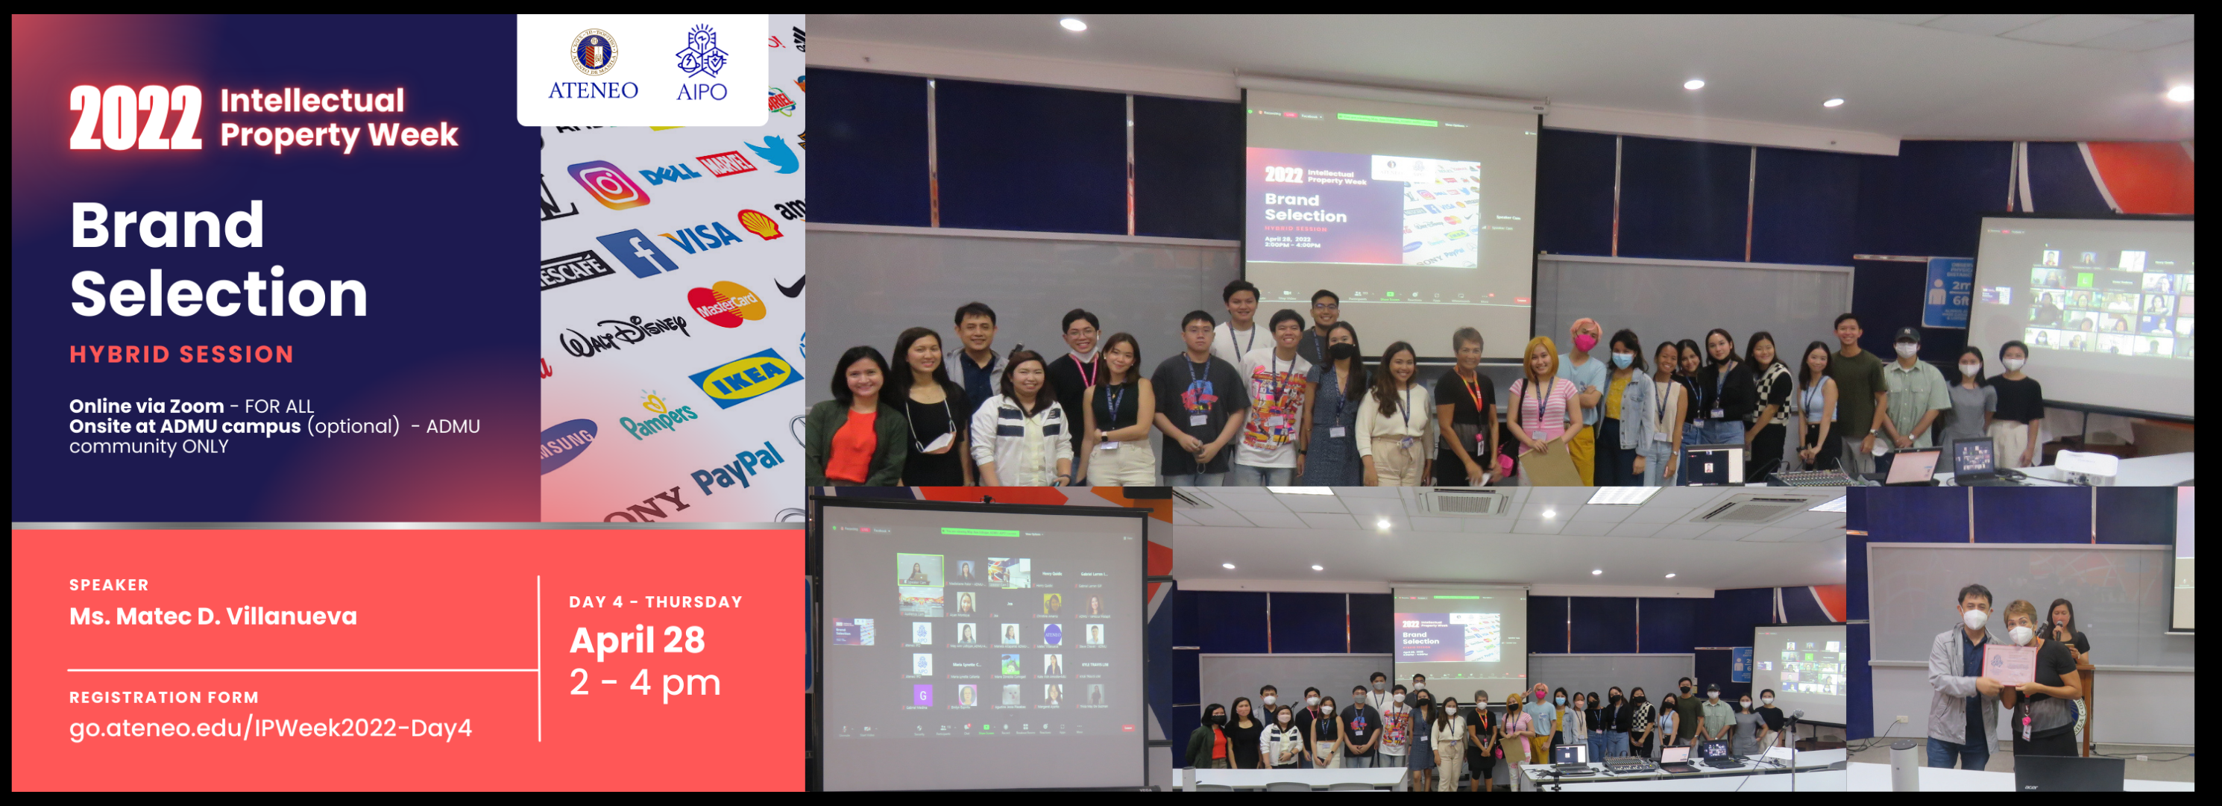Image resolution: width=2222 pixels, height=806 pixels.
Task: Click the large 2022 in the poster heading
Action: click(x=136, y=118)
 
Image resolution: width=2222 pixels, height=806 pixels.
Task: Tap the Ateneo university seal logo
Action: click(x=594, y=53)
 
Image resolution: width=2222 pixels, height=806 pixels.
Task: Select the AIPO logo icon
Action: click(x=702, y=51)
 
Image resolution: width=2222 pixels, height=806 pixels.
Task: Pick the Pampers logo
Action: click(x=658, y=414)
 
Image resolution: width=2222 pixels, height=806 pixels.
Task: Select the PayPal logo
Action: click(x=738, y=469)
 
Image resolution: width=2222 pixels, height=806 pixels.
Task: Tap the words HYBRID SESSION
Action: click(x=181, y=354)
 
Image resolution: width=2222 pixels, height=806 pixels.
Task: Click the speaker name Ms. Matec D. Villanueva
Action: click(x=213, y=616)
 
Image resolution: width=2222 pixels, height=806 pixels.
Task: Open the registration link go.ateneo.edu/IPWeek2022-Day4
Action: click(x=270, y=728)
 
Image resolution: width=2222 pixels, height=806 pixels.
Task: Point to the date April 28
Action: click(x=637, y=640)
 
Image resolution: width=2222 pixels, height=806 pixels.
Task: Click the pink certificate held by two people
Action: click(x=2009, y=663)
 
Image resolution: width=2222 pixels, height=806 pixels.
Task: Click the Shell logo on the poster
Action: click(x=759, y=222)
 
